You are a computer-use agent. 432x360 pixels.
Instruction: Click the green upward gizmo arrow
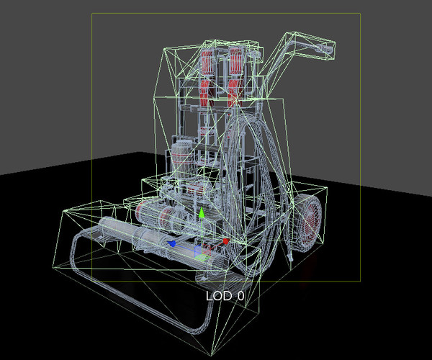[x=202, y=214]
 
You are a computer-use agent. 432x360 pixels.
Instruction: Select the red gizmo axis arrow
[x=225, y=241]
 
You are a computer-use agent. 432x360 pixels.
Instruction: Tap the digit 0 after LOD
[x=240, y=296]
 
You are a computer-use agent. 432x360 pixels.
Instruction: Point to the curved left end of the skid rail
[x=74, y=248]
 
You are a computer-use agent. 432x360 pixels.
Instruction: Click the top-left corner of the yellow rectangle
[x=91, y=14]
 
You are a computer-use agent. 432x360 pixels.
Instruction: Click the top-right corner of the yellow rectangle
[x=360, y=14]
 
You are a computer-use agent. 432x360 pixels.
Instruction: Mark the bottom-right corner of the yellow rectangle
[x=360, y=281]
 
